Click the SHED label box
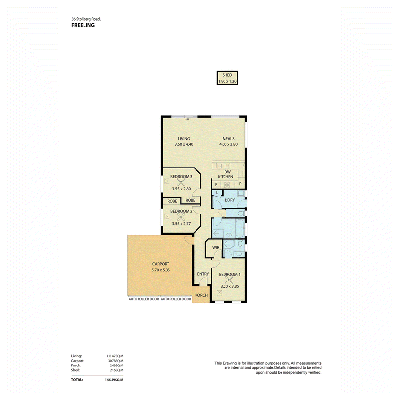click(x=227, y=78)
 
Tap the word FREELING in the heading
click(x=83, y=25)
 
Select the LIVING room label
click(x=184, y=139)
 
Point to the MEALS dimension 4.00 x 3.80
click(x=228, y=144)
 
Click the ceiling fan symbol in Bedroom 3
click(x=181, y=182)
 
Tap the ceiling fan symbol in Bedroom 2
click(x=181, y=217)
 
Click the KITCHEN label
click(x=225, y=177)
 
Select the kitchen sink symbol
click(x=223, y=166)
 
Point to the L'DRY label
click(x=230, y=200)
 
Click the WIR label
click(x=216, y=247)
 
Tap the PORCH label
click(x=201, y=295)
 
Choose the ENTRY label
click(x=203, y=274)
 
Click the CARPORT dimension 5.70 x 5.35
click(x=161, y=270)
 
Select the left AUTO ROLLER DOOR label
click(x=143, y=299)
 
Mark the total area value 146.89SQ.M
click(x=114, y=380)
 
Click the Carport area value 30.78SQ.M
click(x=115, y=361)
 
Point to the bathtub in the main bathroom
click(x=240, y=228)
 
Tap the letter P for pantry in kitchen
click(x=240, y=184)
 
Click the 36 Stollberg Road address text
click(x=86, y=19)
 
